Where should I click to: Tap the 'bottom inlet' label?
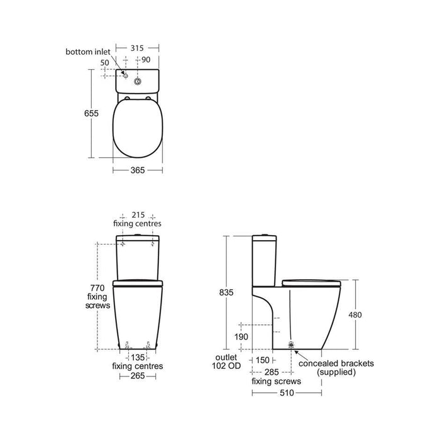88,50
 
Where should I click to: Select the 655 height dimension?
92,113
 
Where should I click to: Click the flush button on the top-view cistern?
154,80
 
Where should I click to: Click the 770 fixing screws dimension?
100,296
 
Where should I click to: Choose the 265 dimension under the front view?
137,375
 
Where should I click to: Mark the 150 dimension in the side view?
263,360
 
